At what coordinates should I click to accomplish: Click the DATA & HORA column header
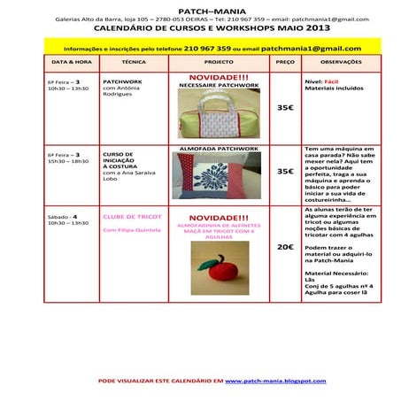pos(72,63)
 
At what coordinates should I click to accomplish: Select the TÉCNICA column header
pos(134,63)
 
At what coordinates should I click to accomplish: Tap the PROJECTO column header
pos(219,63)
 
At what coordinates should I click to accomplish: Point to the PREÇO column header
pos(285,63)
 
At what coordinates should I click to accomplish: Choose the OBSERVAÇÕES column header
pos(341,63)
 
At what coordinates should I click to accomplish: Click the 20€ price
pos(285,247)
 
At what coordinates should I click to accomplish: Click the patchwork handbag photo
pos(218,112)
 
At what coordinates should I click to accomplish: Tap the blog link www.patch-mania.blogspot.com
pos(275,381)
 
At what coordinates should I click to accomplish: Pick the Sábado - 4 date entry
pos(62,216)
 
